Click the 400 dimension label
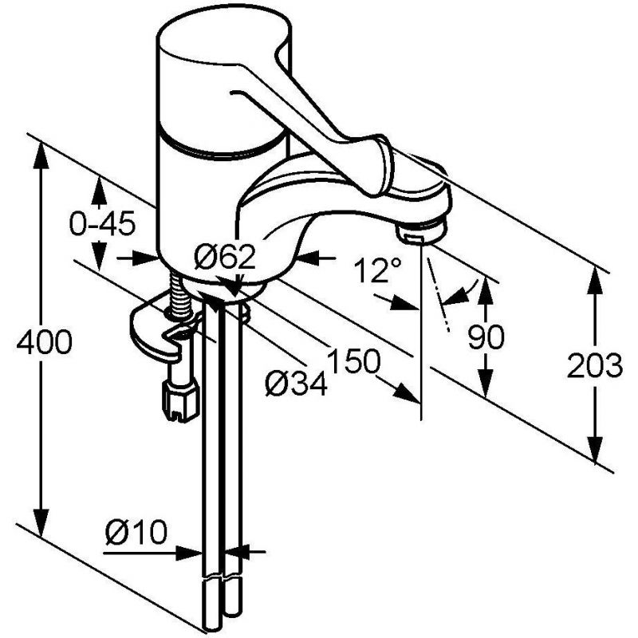(x=45, y=341)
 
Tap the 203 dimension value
(x=595, y=366)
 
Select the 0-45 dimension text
(x=102, y=224)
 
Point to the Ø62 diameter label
(x=225, y=256)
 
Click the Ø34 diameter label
(x=296, y=384)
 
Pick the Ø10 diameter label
(x=136, y=532)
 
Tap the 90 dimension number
(x=486, y=337)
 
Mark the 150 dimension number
(x=354, y=360)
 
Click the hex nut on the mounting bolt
(x=181, y=400)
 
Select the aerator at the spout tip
(x=422, y=233)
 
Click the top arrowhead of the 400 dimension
(x=41, y=154)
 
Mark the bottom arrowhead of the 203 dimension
(x=595, y=451)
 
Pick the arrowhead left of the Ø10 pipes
(x=190, y=553)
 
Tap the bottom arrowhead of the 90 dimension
(x=485, y=383)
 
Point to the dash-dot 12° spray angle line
(x=438, y=294)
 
